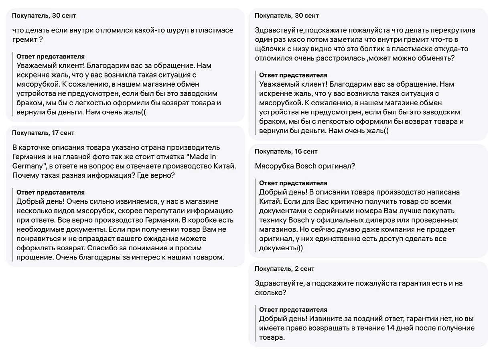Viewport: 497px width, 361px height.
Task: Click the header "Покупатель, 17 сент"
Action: click(43, 133)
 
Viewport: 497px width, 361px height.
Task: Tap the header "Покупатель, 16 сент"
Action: click(286, 152)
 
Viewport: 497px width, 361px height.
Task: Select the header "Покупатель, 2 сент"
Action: click(284, 269)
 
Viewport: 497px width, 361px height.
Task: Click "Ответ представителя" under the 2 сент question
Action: click(293, 310)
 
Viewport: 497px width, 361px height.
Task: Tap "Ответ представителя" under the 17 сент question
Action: click(51, 193)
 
